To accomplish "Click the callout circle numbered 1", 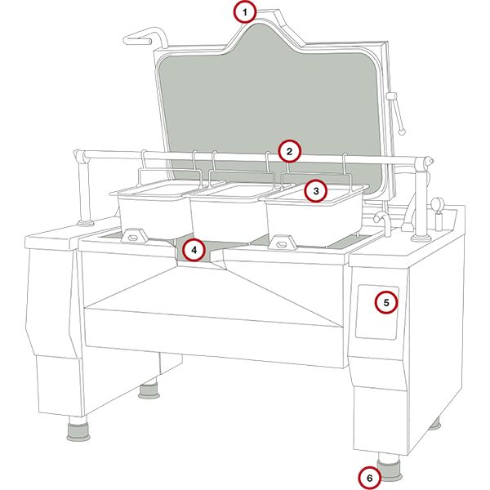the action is coord(245,12).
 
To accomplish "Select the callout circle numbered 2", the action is coord(289,152).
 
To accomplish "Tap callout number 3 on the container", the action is coord(316,190).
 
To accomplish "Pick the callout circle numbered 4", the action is coord(194,250).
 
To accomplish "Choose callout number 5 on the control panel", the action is coord(386,302).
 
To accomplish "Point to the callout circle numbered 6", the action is coord(370,478).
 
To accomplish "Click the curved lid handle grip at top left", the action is coord(145,37).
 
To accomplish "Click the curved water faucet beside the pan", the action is coord(384,222).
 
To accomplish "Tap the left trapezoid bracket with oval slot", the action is coord(135,235).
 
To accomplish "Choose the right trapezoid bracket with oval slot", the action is coord(282,243).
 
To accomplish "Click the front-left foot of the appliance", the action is coord(79,430).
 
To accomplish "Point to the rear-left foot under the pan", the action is coord(149,391).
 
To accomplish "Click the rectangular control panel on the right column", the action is coord(377,312).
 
